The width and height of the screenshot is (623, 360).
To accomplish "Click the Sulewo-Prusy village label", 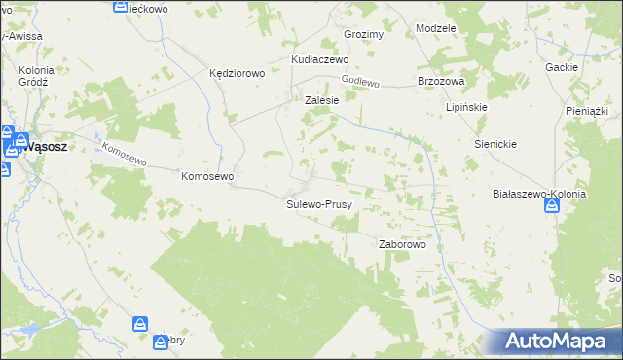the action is pos(318,205).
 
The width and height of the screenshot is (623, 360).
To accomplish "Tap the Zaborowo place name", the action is pos(402,245).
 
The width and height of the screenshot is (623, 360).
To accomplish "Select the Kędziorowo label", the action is pos(238,73).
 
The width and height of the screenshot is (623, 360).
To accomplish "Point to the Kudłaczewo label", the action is pos(320,59).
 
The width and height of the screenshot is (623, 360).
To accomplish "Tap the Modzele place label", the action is pos(435,28).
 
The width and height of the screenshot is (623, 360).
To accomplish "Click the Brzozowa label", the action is pos(440,82).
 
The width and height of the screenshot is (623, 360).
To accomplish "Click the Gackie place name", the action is pos(563,67).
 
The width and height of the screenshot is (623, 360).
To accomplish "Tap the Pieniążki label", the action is pos(586,112).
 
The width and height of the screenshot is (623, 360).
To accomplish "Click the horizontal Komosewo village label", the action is pos(207,177).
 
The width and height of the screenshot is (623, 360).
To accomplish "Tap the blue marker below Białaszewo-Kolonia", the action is pos(552,209).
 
